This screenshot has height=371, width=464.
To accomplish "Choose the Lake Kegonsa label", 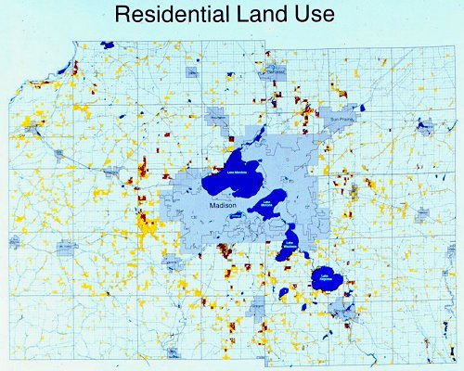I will tap(326, 275).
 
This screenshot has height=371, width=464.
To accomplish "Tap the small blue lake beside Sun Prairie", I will tap(426, 124).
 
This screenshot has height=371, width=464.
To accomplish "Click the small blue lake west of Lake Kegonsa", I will tap(283, 293).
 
